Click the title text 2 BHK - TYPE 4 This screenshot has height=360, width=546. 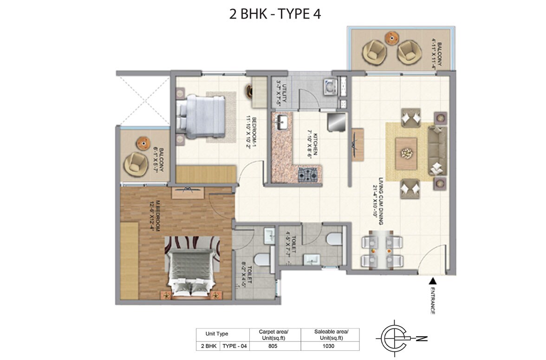point(275,13)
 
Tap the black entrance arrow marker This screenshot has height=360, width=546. point(432,281)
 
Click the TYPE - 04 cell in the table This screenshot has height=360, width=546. point(234,346)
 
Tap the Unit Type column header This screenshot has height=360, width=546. point(217,334)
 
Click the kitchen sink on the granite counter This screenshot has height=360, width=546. point(282,123)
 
